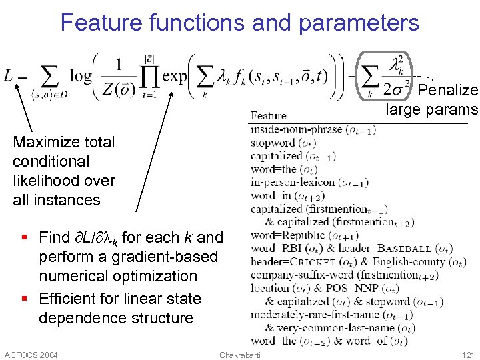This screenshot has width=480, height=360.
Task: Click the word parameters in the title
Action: click(x=359, y=23)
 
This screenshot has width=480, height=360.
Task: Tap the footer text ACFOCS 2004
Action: click(x=31, y=354)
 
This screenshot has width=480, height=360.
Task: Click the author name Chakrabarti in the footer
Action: click(x=241, y=354)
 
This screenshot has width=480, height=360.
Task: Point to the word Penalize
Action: click(x=449, y=90)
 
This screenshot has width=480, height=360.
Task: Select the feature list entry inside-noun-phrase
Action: click(x=296, y=130)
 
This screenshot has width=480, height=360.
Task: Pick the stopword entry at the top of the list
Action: click(x=273, y=143)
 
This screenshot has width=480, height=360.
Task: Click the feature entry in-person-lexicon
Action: click(x=294, y=182)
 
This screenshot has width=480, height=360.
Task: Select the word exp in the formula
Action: click(x=175, y=76)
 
